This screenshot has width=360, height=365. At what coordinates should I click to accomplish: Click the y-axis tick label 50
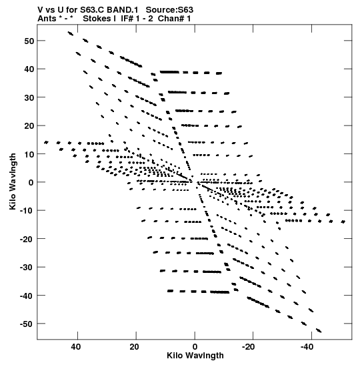pyautogui.click(x=29, y=41)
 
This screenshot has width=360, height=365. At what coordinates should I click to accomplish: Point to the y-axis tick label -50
pyautogui.click(x=27, y=324)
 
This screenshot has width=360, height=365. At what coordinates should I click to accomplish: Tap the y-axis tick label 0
pyautogui.click(x=31, y=183)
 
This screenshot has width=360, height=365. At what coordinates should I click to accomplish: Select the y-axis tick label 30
pyautogui.click(x=29, y=97)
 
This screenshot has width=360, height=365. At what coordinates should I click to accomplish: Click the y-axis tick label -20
pyautogui.click(x=27, y=239)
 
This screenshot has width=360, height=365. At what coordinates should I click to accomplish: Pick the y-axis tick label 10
pyautogui.click(x=29, y=154)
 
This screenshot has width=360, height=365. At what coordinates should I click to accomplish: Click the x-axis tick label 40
pyautogui.click(x=76, y=347)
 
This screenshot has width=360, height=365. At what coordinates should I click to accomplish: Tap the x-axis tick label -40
pyautogui.click(x=307, y=347)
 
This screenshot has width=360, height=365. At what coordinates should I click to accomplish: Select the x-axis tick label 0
pyautogui.click(x=195, y=347)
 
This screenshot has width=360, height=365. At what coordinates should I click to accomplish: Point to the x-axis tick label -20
pyautogui.click(x=248, y=347)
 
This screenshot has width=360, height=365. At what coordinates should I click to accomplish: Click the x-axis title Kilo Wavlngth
pyautogui.click(x=195, y=356)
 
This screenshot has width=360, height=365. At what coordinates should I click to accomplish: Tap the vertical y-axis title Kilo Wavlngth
pyautogui.click(x=13, y=181)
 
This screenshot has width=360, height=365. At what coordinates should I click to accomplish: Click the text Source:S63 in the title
pyautogui.click(x=169, y=10)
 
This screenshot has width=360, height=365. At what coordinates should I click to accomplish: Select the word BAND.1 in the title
pyautogui.click(x=122, y=10)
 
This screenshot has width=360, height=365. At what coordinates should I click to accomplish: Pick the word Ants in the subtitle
pyautogui.click(x=47, y=19)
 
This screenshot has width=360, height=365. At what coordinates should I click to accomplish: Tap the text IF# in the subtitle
pyautogui.click(x=127, y=19)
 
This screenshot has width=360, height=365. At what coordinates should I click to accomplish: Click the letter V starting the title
pyautogui.click(x=40, y=10)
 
